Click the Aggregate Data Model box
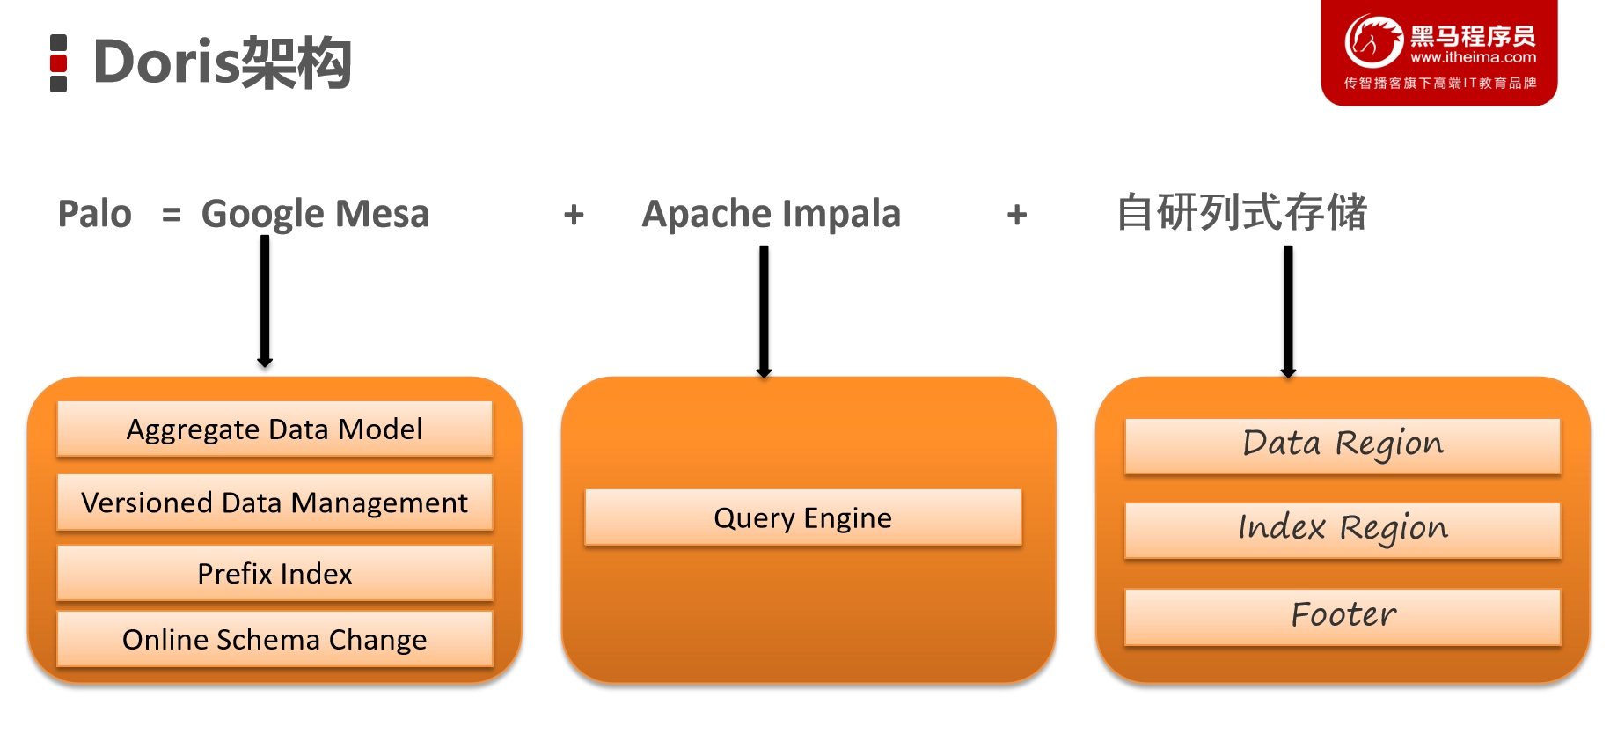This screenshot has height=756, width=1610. [274, 429]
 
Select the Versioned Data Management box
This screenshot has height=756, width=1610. [274, 502]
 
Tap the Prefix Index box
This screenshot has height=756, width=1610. [274, 573]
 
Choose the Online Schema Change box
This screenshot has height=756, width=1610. [274, 639]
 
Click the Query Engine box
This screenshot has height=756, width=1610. [803, 517]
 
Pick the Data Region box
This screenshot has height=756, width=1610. [1343, 446]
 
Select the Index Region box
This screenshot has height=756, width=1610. [1343, 531]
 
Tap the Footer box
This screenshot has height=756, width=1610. [1343, 617]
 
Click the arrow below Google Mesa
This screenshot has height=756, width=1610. [265, 302]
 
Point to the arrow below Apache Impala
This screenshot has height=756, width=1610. [764, 312]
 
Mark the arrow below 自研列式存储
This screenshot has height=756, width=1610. [1288, 312]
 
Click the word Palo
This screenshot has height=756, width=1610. [95, 214]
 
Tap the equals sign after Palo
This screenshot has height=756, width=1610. [172, 215]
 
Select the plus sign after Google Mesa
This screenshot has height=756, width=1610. [574, 214]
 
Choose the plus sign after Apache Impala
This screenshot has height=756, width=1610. [1017, 214]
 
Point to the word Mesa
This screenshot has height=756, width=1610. [382, 214]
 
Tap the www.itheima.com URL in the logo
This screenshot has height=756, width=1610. [1473, 57]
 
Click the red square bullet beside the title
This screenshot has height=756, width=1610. [59, 63]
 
